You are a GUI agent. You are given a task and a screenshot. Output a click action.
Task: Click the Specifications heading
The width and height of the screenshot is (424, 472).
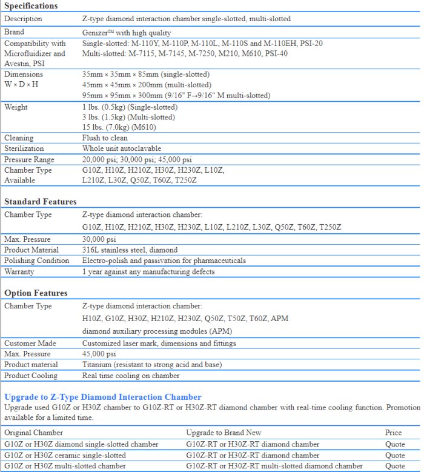tap(31, 6)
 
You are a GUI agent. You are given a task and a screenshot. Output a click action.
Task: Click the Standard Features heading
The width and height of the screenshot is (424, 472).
tap(41, 201)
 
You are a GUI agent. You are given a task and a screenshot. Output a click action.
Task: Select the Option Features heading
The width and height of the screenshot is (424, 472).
tap(36, 293)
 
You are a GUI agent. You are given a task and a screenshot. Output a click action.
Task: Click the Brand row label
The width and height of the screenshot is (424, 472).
tap(15, 32)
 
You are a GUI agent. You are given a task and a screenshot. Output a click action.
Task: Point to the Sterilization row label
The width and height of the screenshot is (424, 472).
tap(24, 148)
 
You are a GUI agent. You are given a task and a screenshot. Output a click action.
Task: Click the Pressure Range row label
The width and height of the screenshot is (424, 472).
tap(29, 159)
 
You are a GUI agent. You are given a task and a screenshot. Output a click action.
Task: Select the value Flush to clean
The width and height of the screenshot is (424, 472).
tap(105, 138)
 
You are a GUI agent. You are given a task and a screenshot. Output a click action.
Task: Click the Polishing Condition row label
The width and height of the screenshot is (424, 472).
tap(36, 261)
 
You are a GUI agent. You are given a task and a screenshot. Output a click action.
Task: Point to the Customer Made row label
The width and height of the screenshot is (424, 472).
tap(30, 344)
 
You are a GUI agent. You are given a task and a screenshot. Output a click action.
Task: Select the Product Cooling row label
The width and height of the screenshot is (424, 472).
tap(31, 376)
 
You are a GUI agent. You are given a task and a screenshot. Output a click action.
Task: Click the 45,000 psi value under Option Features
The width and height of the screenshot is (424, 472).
tap(99, 354)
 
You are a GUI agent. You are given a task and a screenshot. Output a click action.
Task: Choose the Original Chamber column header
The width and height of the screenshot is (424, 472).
tap(33, 433)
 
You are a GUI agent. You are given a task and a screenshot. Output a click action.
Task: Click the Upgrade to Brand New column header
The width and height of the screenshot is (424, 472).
tap(224, 433)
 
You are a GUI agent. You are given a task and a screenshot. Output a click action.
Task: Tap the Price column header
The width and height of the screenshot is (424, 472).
tap(393, 433)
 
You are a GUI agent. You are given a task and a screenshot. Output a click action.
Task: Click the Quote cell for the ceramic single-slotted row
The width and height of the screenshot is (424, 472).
tap(395, 455)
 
